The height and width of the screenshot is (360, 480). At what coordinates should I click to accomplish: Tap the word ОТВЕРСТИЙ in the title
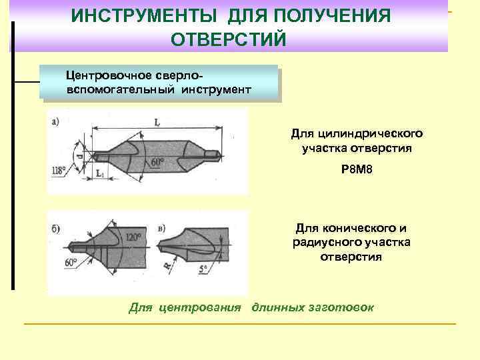229,39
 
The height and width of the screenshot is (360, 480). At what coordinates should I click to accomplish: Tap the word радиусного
325,242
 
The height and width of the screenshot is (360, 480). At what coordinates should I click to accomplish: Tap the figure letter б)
55,229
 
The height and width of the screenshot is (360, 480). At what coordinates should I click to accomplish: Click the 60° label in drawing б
72,262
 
